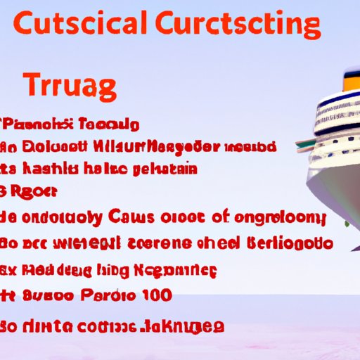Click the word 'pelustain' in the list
162,169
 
